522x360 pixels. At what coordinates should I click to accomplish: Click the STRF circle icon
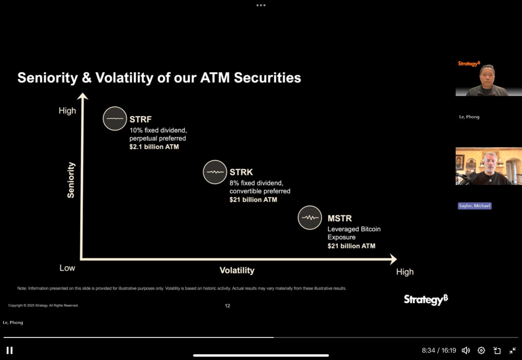click(115, 118)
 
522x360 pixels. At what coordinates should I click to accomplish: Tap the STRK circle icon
click(215, 172)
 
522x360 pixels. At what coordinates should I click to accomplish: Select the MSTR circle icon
click(310, 218)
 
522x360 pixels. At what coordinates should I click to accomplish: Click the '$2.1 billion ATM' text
click(154, 147)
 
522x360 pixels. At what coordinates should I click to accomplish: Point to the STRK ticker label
click(241, 172)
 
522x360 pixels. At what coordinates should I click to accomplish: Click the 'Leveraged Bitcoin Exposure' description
click(354, 233)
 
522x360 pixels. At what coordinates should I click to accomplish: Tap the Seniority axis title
click(71, 180)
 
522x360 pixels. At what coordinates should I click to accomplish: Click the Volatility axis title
click(237, 270)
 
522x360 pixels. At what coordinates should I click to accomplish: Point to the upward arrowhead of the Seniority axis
click(82, 96)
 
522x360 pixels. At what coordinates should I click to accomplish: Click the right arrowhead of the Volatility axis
click(394, 259)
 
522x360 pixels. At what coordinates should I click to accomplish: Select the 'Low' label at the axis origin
click(67, 268)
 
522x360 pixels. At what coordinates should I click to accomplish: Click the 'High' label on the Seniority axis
click(67, 111)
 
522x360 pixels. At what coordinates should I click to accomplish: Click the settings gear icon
click(481, 350)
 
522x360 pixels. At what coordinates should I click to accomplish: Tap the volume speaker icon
click(466, 350)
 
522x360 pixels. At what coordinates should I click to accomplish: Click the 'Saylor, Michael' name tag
click(475, 206)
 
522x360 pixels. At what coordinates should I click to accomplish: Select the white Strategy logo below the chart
click(426, 300)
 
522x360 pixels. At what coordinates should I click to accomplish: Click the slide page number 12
click(228, 306)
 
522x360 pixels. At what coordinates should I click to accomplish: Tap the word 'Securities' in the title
click(268, 78)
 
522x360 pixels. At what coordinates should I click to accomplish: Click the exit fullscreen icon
click(513, 350)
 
